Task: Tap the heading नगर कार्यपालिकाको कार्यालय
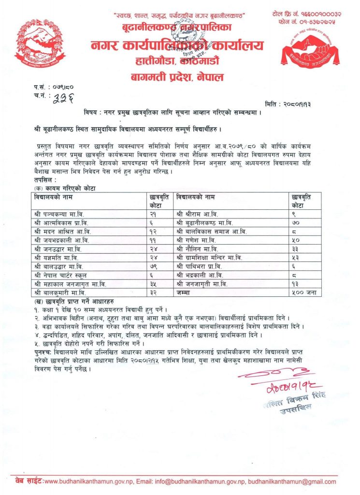(177, 46)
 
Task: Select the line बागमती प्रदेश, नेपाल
(177, 76)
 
